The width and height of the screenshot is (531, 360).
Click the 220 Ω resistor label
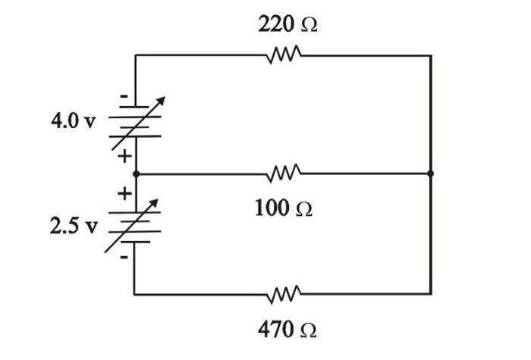(287, 24)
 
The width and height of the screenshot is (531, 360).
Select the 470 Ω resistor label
(287, 330)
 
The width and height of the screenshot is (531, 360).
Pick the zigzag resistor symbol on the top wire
(285, 55)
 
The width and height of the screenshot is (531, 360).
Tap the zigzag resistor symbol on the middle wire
(285, 174)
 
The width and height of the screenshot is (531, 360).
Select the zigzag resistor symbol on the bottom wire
(285, 293)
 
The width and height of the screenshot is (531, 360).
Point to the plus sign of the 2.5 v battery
(123, 193)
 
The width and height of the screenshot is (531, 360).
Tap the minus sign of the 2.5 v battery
(124, 258)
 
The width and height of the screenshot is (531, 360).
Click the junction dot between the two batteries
(135, 174)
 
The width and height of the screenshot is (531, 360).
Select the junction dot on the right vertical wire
(430, 174)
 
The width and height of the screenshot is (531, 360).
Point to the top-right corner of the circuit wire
(430, 55)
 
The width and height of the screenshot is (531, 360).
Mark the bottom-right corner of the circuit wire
(430, 293)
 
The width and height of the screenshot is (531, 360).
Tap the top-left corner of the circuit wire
(135, 55)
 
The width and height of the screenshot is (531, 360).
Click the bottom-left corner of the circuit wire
(135, 293)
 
